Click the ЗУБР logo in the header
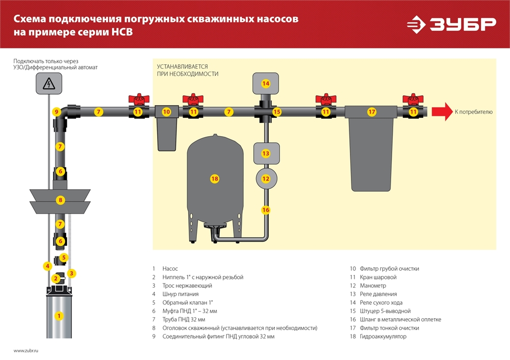click(x=451, y=24)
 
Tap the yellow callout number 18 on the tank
click(x=214, y=178)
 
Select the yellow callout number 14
click(x=265, y=83)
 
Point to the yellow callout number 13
click(x=265, y=153)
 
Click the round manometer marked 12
click(x=265, y=178)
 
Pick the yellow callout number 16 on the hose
click(x=265, y=210)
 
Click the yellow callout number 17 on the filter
click(x=372, y=112)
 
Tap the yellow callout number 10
click(x=166, y=112)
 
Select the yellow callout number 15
click(x=276, y=112)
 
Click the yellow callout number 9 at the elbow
click(x=57, y=112)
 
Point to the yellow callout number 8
click(x=60, y=200)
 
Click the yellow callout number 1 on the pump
click(x=59, y=316)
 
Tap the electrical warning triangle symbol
click(x=49, y=83)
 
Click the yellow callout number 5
click(x=63, y=258)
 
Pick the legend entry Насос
click(x=170, y=268)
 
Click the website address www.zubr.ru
click(x=26, y=351)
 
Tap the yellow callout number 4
click(x=47, y=266)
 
